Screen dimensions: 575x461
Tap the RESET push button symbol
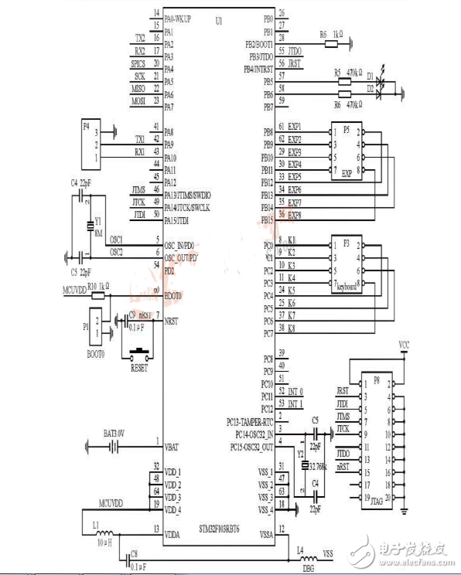pos(140,356)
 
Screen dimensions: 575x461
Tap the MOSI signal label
pos(138,100)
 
